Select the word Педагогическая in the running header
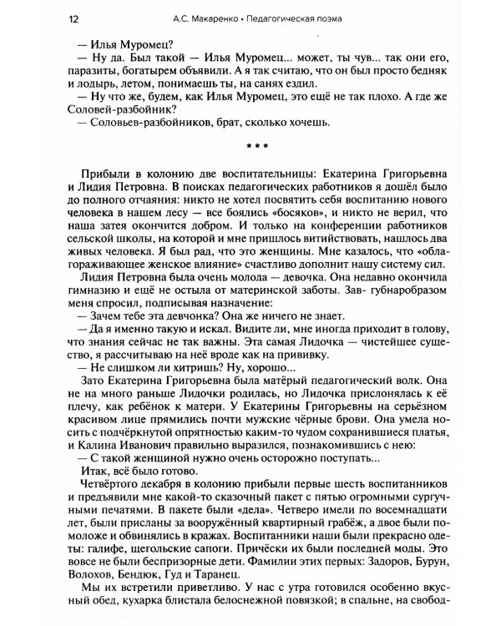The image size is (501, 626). pyautogui.click(x=290, y=18)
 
